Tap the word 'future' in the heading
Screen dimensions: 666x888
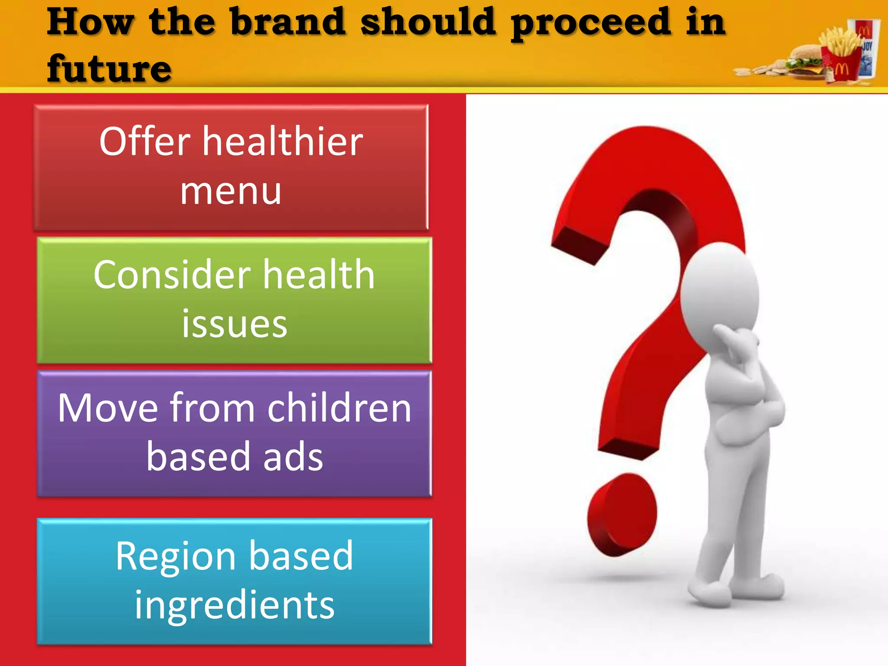[109, 69]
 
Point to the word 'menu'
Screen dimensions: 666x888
[231, 191]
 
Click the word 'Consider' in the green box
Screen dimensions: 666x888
[172, 275]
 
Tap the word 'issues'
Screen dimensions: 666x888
[234, 324]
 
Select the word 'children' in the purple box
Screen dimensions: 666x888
[339, 408]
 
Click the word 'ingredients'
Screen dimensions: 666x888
[234, 605]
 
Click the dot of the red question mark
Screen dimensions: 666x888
[621, 514]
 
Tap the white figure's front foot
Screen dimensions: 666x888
[711, 592]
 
